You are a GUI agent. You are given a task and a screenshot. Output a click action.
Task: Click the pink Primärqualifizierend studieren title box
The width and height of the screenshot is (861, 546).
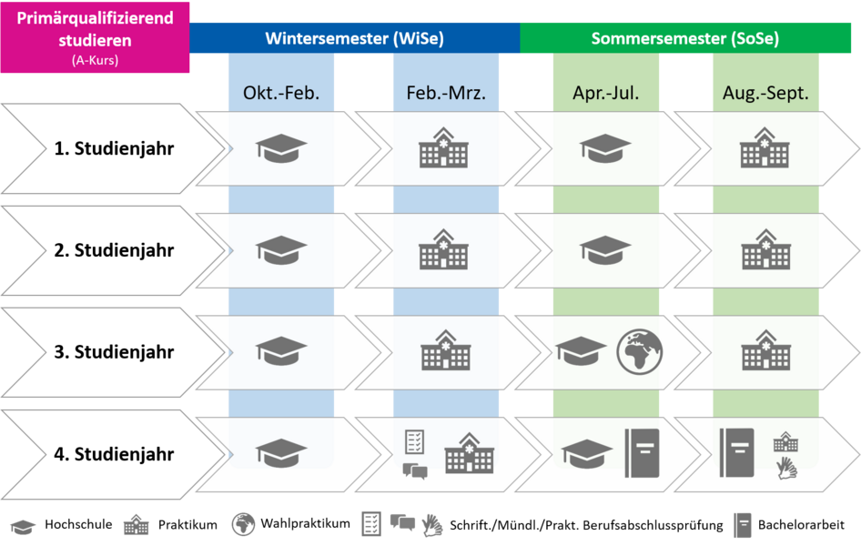[95, 37]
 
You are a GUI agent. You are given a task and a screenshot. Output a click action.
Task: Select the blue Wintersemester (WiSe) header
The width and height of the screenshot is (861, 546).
[354, 39]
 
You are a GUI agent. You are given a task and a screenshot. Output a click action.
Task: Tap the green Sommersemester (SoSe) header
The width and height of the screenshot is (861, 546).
[684, 39]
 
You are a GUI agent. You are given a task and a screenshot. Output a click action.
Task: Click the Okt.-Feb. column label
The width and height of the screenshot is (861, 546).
[281, 94]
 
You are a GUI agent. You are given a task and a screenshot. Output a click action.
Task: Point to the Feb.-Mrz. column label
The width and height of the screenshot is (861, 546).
[446, 94]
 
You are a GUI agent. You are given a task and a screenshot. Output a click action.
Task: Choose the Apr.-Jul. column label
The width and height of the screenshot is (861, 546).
[605, 94]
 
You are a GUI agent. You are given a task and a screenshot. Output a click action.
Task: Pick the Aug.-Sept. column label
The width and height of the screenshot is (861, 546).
[765, 94]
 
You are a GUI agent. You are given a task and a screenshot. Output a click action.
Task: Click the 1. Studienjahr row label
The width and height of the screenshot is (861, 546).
[114, 148]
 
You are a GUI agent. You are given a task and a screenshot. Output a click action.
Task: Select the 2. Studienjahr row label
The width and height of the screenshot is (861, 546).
[114, 250]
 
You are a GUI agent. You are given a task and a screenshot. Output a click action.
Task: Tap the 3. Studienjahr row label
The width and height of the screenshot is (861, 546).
[114, 352]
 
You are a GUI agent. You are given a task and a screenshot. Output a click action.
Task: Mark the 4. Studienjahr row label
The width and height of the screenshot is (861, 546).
[114, 454]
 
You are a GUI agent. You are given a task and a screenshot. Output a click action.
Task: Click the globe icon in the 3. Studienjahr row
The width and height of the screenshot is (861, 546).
[640, 352]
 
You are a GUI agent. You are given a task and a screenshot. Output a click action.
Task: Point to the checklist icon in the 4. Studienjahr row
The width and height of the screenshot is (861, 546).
[415, 442]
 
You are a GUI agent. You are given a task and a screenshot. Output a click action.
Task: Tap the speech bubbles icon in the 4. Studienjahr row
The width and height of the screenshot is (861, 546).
[415, 471]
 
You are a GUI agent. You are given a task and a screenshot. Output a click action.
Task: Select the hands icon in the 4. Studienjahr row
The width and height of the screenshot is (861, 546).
[785, 469]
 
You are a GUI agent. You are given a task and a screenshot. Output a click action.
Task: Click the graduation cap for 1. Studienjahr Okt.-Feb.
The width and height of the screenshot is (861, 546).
[281, 148]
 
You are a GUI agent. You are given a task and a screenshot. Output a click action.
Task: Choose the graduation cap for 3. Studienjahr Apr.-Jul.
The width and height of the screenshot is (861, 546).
[581, 352]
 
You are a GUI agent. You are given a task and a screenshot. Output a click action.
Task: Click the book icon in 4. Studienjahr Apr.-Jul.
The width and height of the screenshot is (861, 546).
[642, 453]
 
